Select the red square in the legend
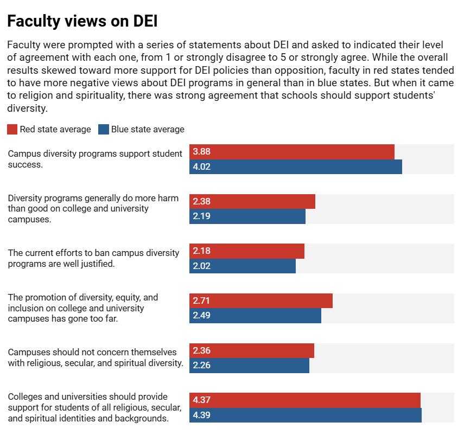(12, 129)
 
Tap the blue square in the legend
(104, 129)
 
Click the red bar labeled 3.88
(292, 152)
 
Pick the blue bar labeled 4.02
(296, 167)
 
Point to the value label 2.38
(201, 201)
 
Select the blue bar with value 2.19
(247, 216)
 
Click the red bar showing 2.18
(247, 251)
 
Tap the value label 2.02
(201, 266)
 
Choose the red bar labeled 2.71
(261, 300)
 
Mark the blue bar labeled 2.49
(255, 316)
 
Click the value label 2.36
(201, 350)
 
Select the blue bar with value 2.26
(249, 366)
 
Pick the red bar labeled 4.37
(305, 400)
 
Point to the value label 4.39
(201, 415)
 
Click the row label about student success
(95, 159)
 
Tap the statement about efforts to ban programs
(93, 258)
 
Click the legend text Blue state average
(148, 129)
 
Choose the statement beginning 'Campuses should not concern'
(96, 357)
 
